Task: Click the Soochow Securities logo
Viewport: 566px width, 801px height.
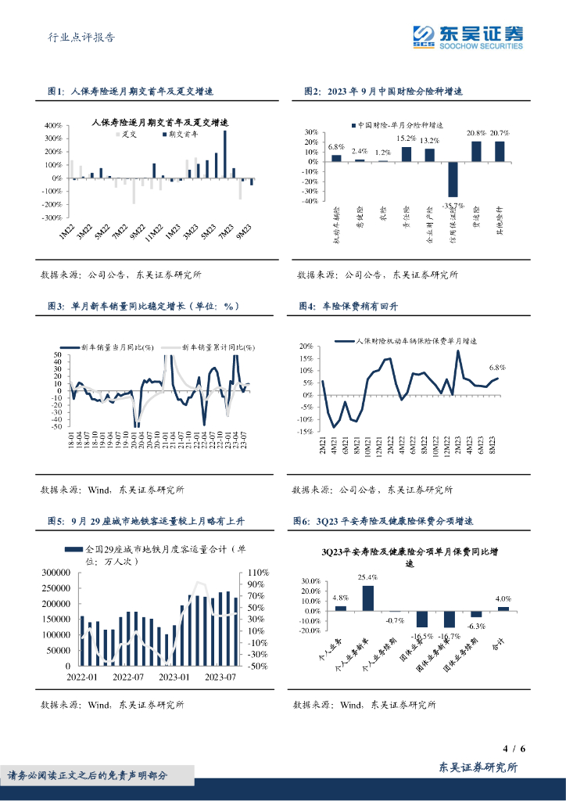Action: click(x=467, y=36)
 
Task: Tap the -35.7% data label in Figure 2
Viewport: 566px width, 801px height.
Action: click(x=453, y=206)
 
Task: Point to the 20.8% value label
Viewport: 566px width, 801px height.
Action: click(x=475, y=134)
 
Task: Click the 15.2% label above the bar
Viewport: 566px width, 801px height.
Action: click(x=406, y=138)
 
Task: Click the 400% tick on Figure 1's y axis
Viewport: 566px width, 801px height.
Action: click(x=52, y=125)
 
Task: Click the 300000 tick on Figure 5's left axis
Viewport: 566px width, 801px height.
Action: click(x=55, y=573)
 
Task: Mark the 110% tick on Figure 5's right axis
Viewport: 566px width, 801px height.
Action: click(x=258, y=573)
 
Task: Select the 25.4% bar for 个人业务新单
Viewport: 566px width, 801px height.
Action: click(x=367, y=597)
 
